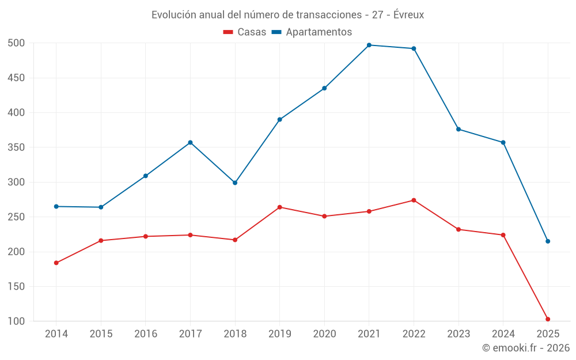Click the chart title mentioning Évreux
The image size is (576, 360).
click(287, 15)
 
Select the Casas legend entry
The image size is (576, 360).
click(245, 32)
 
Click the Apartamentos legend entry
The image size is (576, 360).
click(312, 32)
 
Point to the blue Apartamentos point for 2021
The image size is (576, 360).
click(369, 45)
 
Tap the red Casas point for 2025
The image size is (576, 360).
click(548, 319)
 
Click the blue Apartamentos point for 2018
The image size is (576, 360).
click(235, 183)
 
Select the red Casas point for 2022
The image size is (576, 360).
click(414, 200)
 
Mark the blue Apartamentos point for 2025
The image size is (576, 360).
click(548, 241)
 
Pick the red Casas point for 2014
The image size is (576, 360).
click(56, 263)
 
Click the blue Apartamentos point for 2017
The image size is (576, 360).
click(190, 142)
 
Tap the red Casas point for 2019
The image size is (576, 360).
click(280, 207)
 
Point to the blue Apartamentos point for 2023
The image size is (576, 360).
click(458, 129)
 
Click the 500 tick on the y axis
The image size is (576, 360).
click(16, 43)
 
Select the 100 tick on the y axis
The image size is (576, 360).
click(16, 321)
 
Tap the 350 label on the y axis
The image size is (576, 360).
click(16, 147)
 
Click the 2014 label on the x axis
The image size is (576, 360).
click(56, 334)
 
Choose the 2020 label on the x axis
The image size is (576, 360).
click(324, 334)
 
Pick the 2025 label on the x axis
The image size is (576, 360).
click(548, 334)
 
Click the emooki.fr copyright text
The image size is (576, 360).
click(525, 348)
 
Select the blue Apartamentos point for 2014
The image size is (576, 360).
click(56, 206)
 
